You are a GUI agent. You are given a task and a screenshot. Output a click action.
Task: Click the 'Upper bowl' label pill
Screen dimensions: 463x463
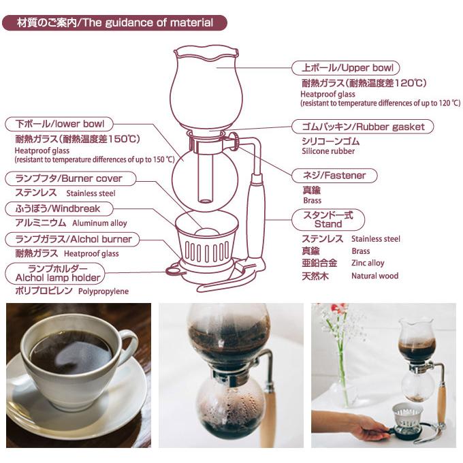pyautogui.click(x=345, y=68)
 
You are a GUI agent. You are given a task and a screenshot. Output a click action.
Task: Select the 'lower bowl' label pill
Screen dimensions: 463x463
pyautogui.click(x=59, y=124)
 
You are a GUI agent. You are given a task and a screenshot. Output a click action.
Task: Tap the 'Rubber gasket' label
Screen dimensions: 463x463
pyautogui.click(x=363, y=127)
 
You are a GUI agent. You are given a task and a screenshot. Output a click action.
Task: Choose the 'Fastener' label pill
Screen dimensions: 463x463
pyautogui.click(x=334, y=176)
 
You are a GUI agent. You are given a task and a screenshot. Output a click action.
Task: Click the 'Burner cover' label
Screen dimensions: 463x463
pyautogui.click(x=71, y=178)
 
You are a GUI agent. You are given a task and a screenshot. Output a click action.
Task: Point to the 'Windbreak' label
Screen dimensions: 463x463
pyautogui.click(x=59, y=209)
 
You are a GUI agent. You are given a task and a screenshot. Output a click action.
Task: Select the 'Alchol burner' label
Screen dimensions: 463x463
pyautogui.click(x=72, y=239)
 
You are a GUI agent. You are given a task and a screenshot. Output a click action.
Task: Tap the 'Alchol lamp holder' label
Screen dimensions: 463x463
pyautogui.click(x=55, y=274)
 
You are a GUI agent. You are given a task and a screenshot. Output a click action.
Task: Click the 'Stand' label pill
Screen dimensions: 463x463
pyautogui.click(x=328, y=220)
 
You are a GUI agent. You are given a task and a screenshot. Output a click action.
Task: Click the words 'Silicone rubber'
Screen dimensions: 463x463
pyautogui.click(x=328, y=151)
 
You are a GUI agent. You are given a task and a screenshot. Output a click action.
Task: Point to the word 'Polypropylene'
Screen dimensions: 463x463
pyautogui.click(x=103, y=291)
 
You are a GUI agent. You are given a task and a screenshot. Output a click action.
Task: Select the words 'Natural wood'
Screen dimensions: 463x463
pyautogui.click(x=374, y=276)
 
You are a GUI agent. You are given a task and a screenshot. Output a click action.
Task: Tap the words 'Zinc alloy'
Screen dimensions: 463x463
pyautogui.click(x=368, y=263)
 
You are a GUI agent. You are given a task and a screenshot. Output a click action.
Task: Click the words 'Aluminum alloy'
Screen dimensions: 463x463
pyautogui.click(x=99, y=223)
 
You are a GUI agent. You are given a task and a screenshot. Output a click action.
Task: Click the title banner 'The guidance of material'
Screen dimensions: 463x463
pyautogui.click(x=114, y=22)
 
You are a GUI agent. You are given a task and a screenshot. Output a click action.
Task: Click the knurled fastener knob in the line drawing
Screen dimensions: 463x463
pyautogui.click(x=236, y=140)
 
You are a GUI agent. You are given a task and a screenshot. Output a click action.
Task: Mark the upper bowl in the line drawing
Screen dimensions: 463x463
pyautogui.click(x=206, y=87)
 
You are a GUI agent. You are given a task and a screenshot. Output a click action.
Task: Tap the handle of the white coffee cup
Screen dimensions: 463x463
pyautogui.click(x=128, y=345)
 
